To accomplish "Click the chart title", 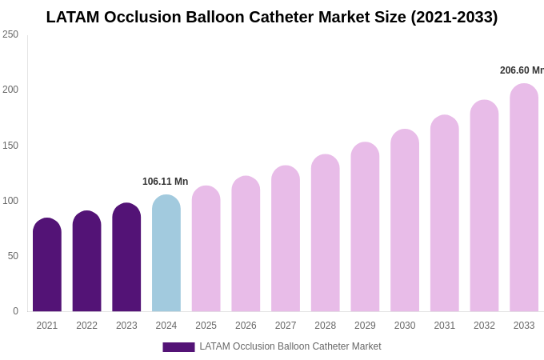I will coord(272,17).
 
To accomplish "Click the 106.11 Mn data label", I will coord(166,182).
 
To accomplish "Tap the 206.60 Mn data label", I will coord(522,70).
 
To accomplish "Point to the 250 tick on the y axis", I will coord(10,34).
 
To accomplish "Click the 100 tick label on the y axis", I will coord(10,201).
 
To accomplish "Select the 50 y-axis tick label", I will coord(13,256).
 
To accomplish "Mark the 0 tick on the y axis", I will coord(15,311).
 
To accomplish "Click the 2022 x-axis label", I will coord(87,326).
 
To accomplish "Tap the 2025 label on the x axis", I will coord(206,326).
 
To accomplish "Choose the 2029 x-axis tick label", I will coord(365,326).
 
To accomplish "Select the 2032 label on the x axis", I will coord(484,326).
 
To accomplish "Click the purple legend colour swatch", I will coord(178,347).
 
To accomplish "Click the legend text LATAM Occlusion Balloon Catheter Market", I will coord(290,346).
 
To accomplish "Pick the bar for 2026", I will coord(246,244).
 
